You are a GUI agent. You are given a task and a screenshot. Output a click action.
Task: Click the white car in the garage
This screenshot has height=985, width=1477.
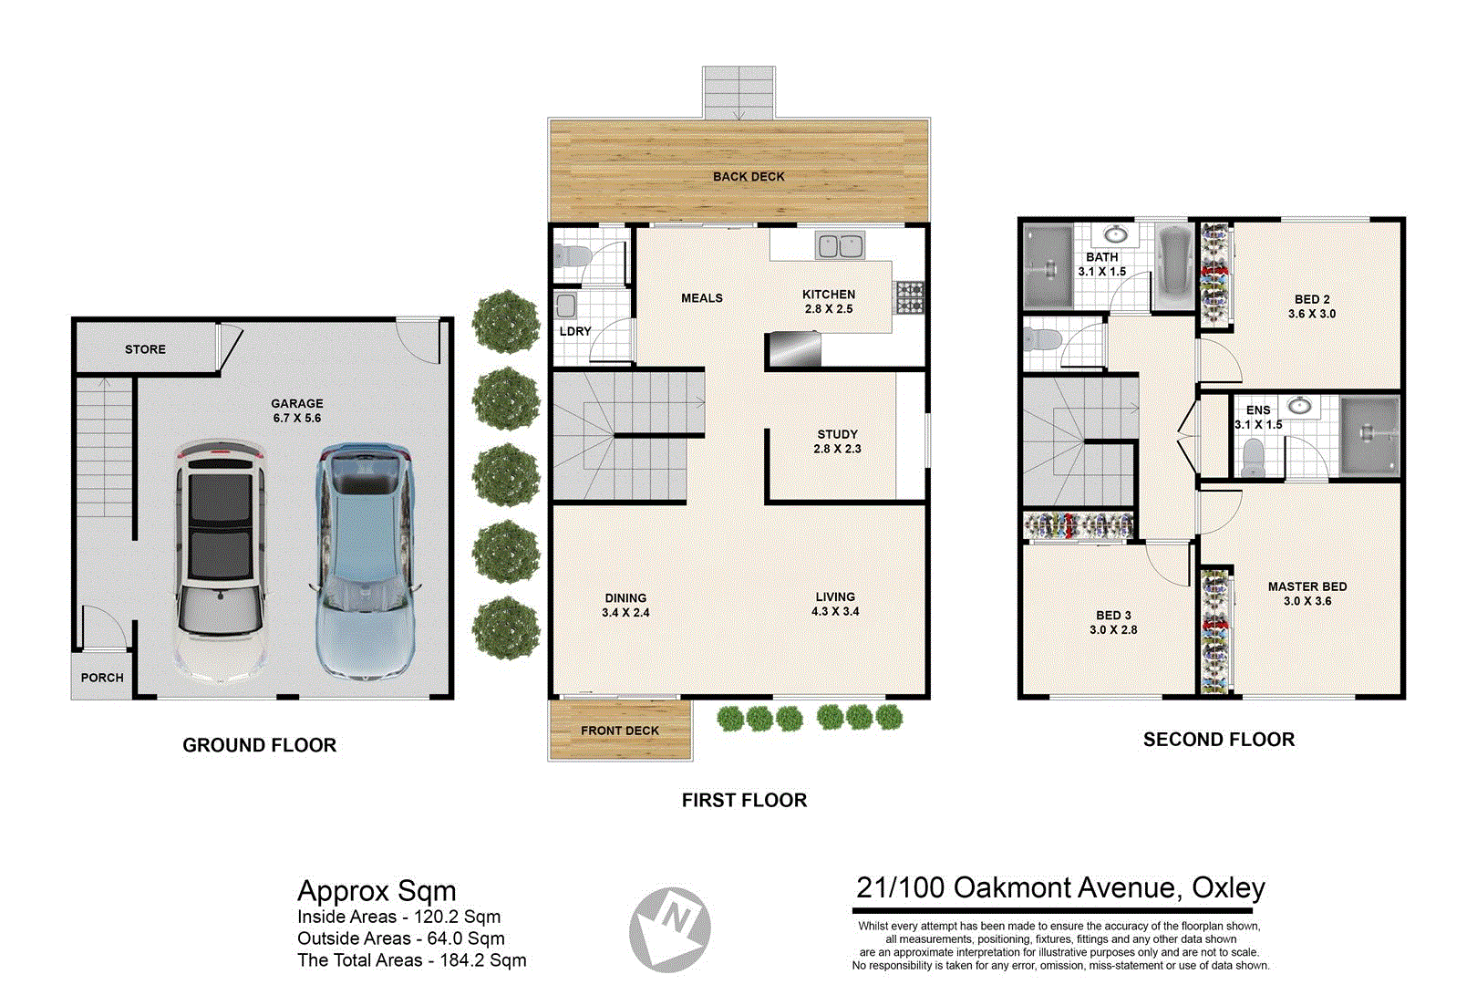pyautogui.click(x=221, y=561)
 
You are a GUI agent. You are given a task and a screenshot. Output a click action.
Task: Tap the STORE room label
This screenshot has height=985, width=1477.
pyautogui.click(x=145, y=349)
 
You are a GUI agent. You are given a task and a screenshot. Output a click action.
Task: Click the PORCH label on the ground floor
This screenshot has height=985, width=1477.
pyautogui.click(x=102, y=678)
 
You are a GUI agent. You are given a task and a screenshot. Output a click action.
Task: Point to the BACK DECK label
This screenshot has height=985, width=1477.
pyautogui.click(x=749, y=176)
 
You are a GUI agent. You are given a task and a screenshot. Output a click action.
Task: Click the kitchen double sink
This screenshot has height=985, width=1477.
pyautogui.click(x=840, y=246)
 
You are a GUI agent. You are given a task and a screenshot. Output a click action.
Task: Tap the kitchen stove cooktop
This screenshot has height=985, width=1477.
pyautogui.click(x=909, y=297)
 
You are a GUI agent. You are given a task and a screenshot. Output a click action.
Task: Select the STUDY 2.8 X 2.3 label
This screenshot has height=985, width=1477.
pyautogui.click(x=837, y=441)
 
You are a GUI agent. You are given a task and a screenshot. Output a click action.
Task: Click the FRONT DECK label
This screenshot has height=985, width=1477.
pyautogui.click(x=620, y=731)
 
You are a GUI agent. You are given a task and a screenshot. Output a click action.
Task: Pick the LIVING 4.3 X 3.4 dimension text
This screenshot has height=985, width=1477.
pyautogui.click(x=835, y=611)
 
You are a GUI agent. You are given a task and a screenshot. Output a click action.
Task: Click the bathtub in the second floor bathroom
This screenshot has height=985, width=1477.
pyautogui.click(x=1173, y=265)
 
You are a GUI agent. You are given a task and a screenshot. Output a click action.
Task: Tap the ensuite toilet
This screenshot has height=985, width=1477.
pyautogui.click(x=1254, y=459)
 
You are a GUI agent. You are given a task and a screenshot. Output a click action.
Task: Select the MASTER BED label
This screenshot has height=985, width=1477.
pyautogui.click(x=1307, y=586)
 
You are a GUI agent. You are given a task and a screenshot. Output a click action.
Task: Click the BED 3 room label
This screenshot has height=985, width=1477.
pyautogui.click(x=1113, y=616)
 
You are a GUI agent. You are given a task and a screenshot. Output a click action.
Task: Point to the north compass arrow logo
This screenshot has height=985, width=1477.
pyautogui.click(x=670, y=929)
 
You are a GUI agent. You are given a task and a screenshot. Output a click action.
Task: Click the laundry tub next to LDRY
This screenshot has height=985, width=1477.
pyautogui.click(x=566, y=305)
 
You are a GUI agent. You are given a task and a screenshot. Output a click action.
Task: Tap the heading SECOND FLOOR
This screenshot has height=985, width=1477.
pyautogui.click(x=1218, y=740)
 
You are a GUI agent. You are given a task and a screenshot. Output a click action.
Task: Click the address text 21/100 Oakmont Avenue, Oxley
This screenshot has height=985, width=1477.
pyautogui.click(x=1060, y=887)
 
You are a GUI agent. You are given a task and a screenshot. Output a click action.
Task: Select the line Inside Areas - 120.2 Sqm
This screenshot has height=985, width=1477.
pyautogui.click(x=398, y=917)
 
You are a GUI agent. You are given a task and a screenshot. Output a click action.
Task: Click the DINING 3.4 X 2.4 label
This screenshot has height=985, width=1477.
pyautogui.click(x=625, y=606)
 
